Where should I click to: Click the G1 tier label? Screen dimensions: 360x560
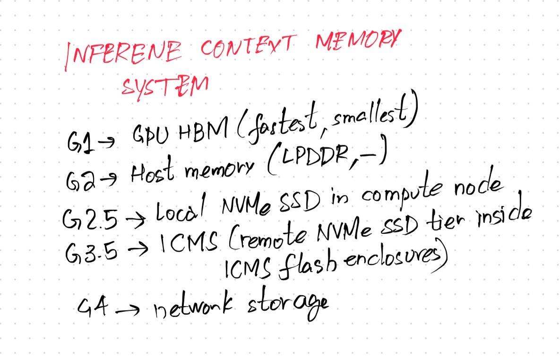(x=77, y=140)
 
